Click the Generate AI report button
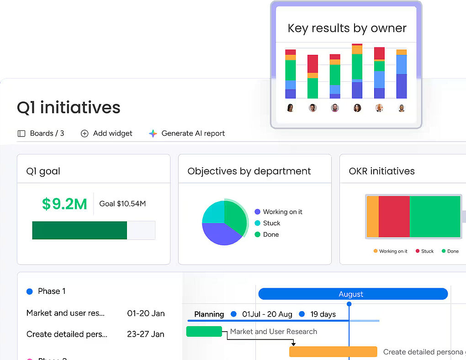coord(187,133)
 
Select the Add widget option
coord(106,133)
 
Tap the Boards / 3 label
coord(41,133)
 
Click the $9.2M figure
coord(64,204)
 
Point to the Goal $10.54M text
coord(122,204)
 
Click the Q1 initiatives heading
coord(69,107)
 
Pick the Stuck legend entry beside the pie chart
coord(271,223)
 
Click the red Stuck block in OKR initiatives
coord(394,217)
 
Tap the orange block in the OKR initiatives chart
coord(373,217)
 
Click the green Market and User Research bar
coord(204,331)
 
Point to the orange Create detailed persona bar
coord(333,352)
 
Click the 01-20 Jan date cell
coord(146,313)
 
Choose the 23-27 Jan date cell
coord(145,334)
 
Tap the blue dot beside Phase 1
coord(30,291)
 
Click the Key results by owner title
coord(347,28)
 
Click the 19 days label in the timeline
coord(323,314)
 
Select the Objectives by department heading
coord(249,171)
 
